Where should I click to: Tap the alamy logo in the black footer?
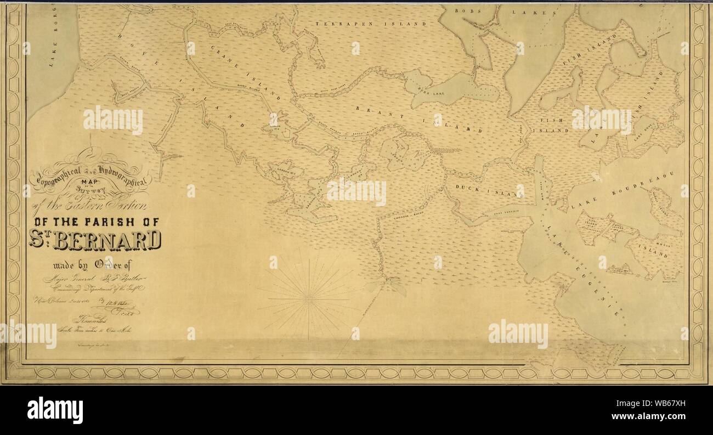pyautogui.click(x=55, y=410)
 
